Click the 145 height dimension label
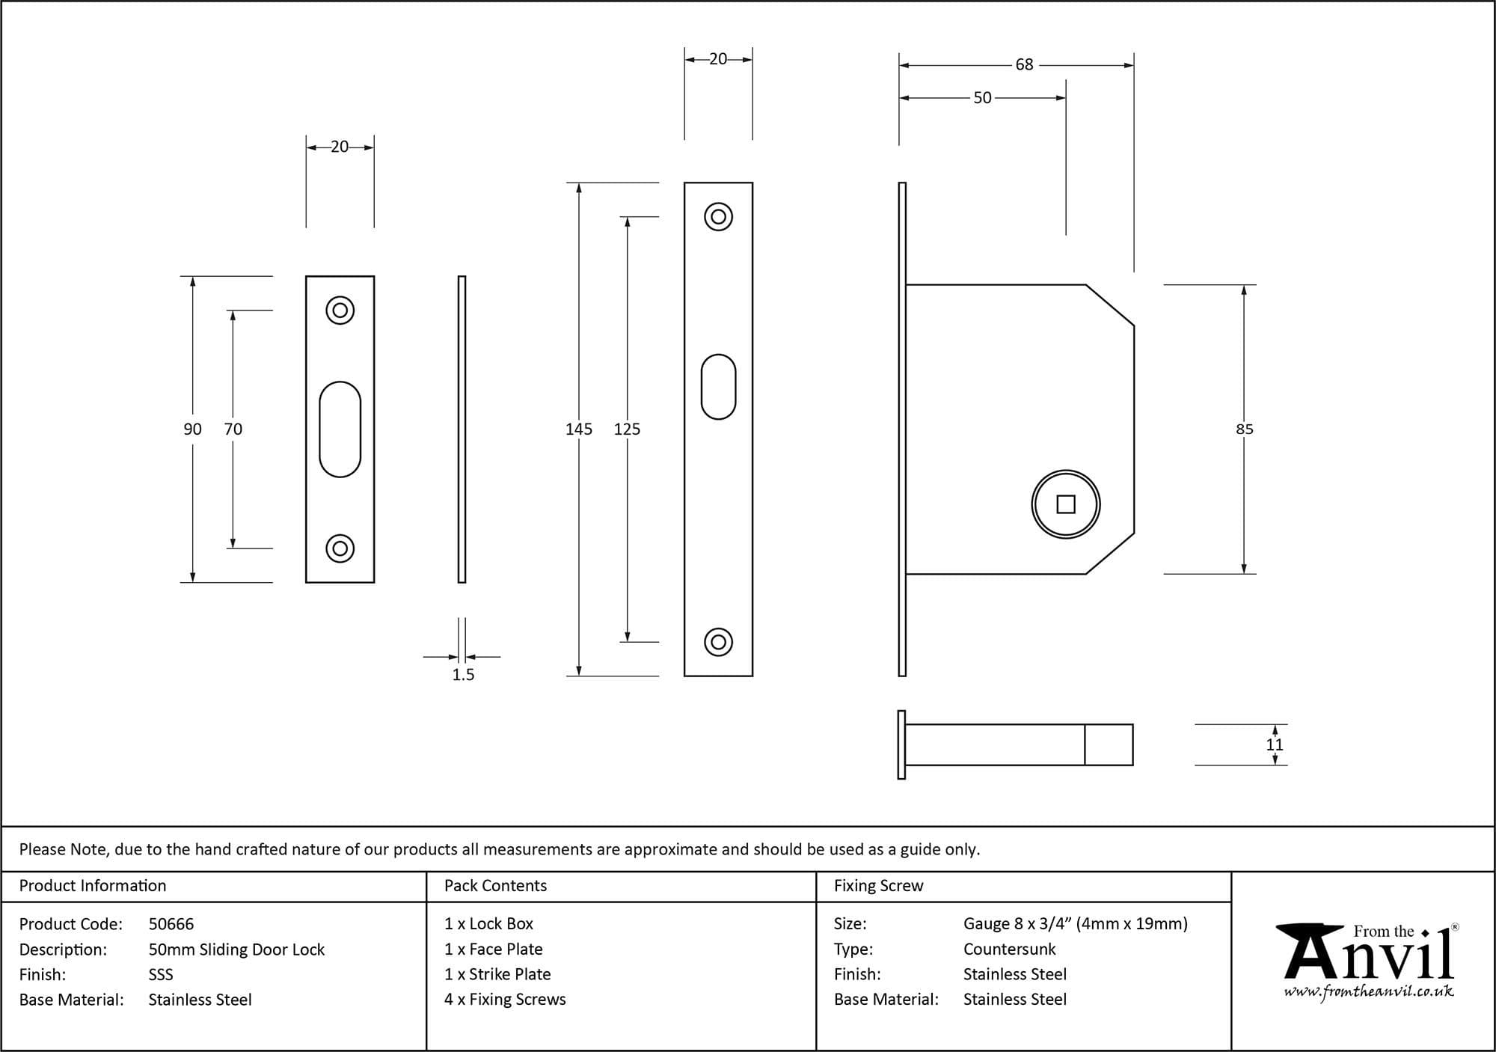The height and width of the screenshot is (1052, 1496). [578, 429]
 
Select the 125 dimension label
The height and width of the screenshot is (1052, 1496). [627, 429]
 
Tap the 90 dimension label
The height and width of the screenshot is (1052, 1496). [192, 429]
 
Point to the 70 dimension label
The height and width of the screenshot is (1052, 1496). [233, 429]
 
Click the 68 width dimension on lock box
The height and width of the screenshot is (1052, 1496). [1024, 65]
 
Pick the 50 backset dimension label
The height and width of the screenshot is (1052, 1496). [982, 98]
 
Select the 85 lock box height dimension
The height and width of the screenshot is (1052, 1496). [1244, 429]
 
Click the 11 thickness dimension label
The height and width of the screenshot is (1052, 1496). [1275, 745]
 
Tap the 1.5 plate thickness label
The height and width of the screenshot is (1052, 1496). [463, 675]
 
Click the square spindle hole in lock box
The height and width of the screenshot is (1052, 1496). [1066, 505]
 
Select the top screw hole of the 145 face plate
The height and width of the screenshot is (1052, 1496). [718, 217]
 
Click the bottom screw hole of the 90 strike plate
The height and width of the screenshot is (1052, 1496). [340, 548]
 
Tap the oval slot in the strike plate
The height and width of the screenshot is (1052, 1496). [340, 429]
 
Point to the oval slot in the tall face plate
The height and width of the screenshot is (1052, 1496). [718, 386]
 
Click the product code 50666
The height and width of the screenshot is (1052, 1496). [171, 924]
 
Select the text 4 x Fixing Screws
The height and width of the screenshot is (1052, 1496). [505, 1000]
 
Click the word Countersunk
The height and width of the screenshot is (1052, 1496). [1009, 949]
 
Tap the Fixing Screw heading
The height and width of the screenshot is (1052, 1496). [878, 886]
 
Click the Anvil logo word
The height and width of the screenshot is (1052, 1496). [1369, 958]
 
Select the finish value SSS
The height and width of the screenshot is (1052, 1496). [161, 975]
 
